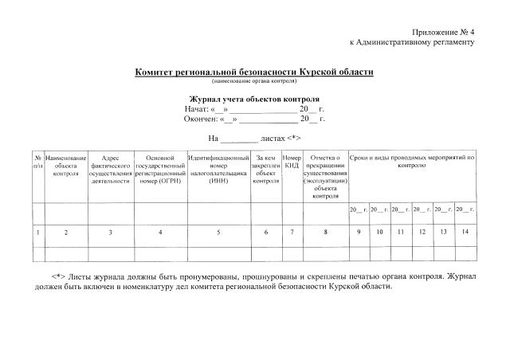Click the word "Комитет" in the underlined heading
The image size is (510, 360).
point(158,72)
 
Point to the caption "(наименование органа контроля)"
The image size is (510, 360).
point(254,80)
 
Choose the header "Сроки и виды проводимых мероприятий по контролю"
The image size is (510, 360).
point(412,162)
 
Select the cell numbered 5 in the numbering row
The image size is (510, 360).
point(218,232)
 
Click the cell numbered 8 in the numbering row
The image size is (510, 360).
point(325,232)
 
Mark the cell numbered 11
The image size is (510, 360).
point(401,232)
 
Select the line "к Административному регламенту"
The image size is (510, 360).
point(412,41)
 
